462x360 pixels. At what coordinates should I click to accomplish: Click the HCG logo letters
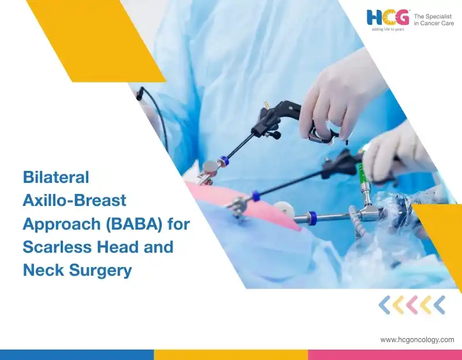point(388,17)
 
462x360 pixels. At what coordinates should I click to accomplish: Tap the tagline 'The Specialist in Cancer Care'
point(434,20)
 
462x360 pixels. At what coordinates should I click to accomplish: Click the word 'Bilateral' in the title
point(56,177)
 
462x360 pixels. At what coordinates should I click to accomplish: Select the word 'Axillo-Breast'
point(74,200)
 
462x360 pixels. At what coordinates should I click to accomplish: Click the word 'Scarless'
point(58,247)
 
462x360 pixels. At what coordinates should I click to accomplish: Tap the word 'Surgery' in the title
point(100,271)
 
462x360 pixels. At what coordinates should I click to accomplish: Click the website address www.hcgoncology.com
point(417,340)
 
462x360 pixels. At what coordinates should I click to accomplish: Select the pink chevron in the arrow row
point(412,305)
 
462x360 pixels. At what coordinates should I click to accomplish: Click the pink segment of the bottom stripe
point(385,355)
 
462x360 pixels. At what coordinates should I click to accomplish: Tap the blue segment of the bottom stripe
point(77,355)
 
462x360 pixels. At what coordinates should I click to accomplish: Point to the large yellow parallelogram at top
point(96,41)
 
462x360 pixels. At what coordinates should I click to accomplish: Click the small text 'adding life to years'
point(388,29)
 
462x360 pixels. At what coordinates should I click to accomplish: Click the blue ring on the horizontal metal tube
point(311,217)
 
